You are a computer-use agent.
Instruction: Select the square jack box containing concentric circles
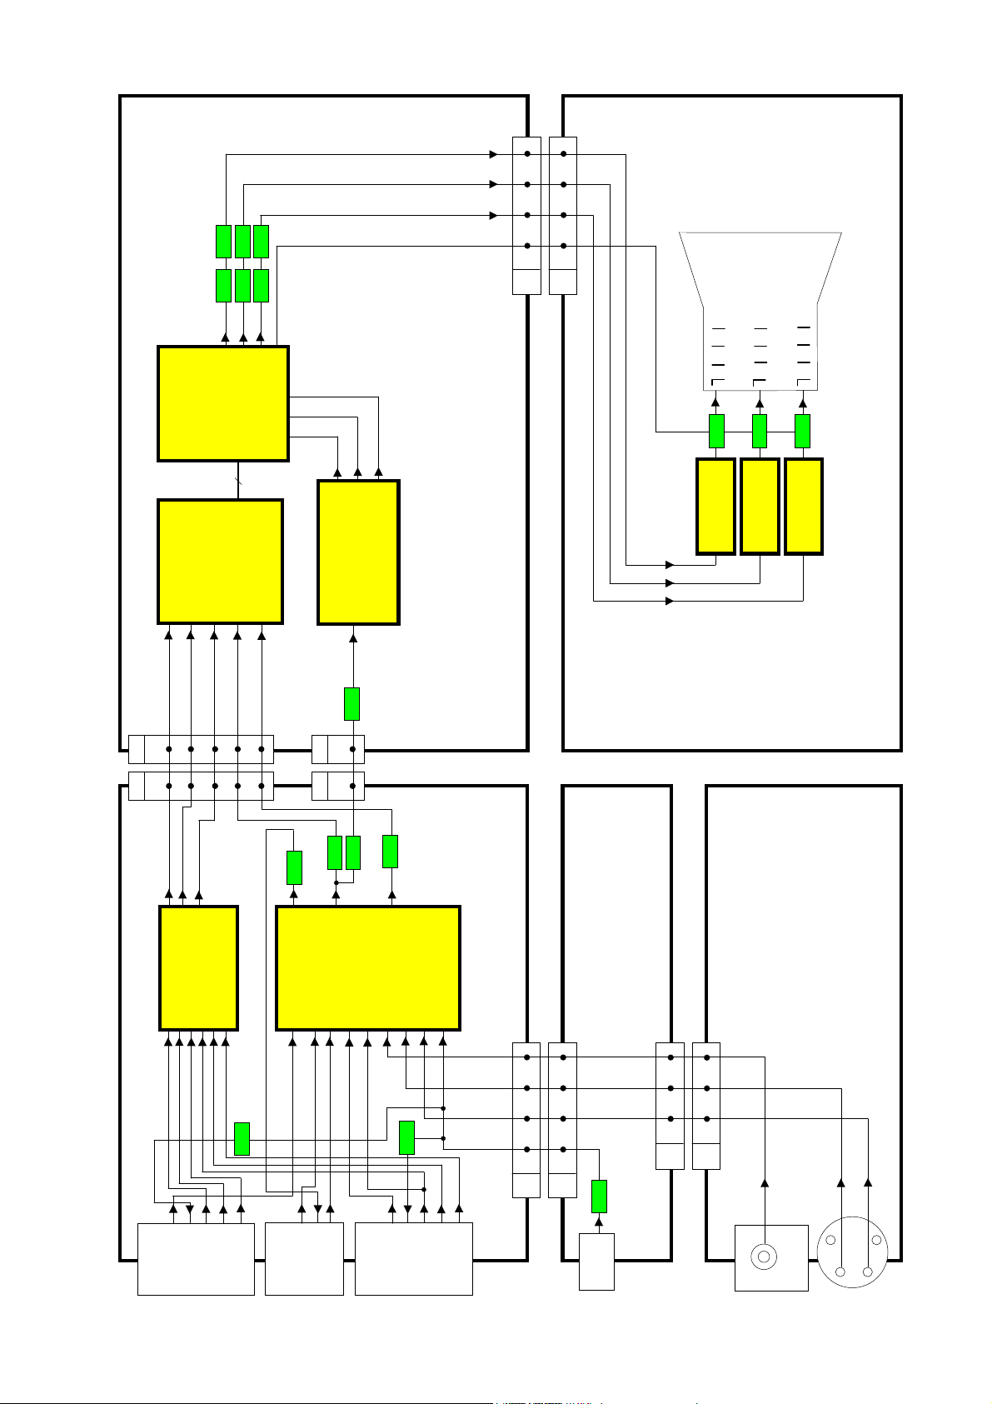click(771, 1257)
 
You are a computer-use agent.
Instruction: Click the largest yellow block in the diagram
click(367, 967)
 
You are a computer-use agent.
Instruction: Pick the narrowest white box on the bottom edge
click(596, 1262)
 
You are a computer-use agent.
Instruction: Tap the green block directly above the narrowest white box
click(599, 1197)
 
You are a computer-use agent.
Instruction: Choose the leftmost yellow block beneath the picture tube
click(715, 506)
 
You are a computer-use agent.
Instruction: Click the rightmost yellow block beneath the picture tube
click(804, 506)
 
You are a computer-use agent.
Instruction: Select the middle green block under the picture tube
click(760, 431)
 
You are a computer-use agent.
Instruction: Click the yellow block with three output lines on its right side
click(223, 403)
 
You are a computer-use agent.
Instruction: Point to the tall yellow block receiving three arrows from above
click(358, 552)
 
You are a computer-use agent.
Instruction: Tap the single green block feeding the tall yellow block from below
click(351, 704)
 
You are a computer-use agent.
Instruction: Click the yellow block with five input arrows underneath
click(221, 561)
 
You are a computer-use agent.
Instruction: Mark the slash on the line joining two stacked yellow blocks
click(239, 481)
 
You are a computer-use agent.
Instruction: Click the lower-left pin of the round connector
click(840, 1272)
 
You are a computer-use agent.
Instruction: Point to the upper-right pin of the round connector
click(875, 1240)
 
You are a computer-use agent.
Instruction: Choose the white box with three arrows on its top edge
click(304, 1258)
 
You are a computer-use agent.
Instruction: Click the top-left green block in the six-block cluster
click(223, 242)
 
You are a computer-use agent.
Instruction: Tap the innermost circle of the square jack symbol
click(764, 1257)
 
